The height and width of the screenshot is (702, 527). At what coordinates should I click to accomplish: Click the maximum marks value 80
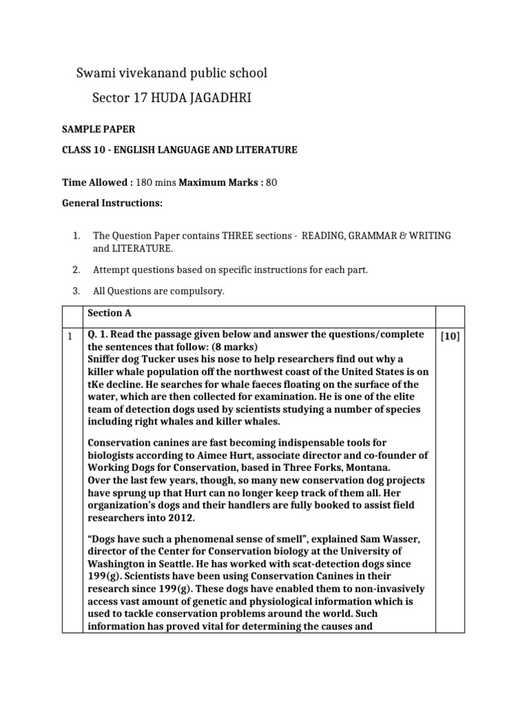(x=271, y=182)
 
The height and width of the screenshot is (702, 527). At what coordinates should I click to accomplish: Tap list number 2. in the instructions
(x=76, y=269)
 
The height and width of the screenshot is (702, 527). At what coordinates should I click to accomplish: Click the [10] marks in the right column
(x=449, y=336)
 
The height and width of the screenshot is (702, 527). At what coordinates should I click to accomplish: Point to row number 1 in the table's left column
(x=70, y=336)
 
